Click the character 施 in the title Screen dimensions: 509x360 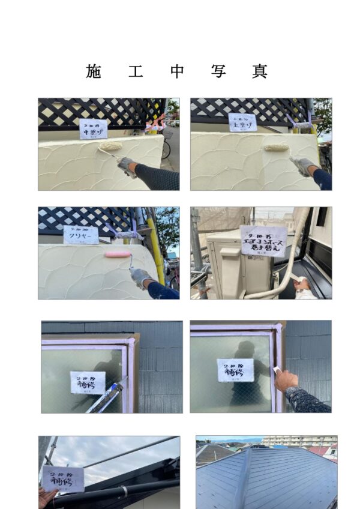tap(94, 71)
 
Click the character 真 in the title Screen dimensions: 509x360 tap(259, 71)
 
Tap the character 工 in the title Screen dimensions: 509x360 tap(136, 71)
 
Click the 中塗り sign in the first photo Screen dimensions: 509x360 tap(93, 128)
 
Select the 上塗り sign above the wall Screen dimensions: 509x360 tap(242, 122)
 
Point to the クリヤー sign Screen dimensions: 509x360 tap(81, 235)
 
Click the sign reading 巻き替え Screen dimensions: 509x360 tap(263, 241)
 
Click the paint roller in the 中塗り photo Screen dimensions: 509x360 tap(110, 146)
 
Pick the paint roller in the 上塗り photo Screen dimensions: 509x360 tap(277, 147)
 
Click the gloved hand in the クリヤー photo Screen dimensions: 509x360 tap(142, 277)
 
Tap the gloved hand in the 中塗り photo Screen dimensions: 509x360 tap(127, 165)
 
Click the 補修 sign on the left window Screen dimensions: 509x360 tap(88, 382)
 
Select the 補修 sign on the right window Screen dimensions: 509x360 tap(235, 370)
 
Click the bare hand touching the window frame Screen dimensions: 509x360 tap(286, 379)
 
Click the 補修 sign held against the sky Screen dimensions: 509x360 tap(63, 478)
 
